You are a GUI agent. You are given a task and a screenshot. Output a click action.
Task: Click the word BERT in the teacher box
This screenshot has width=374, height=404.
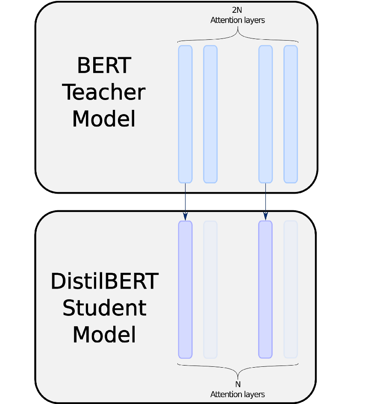[104, 66]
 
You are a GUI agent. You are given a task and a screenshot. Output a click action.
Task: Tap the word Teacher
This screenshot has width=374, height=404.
[104, 92]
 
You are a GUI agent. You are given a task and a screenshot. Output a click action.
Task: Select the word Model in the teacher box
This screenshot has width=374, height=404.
[104, 119]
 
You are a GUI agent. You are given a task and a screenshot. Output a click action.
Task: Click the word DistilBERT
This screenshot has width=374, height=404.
[104, 282]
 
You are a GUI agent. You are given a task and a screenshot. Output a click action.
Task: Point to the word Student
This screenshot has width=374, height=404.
[104, 308]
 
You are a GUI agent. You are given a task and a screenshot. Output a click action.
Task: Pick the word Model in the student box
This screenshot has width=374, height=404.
[104, 335]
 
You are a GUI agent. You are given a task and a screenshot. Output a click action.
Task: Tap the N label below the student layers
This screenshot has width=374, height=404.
[238, 384]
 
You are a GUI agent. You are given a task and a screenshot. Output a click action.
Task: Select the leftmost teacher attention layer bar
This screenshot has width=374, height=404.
[185, 114]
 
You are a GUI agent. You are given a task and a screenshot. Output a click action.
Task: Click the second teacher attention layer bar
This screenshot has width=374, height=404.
[210, 114]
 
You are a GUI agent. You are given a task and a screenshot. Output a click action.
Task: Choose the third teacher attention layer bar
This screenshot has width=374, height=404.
[265, 114]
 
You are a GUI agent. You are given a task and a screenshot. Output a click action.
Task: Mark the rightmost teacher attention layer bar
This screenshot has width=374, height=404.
[291, 114]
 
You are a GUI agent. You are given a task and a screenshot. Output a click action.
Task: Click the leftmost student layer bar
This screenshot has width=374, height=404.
[185, 289]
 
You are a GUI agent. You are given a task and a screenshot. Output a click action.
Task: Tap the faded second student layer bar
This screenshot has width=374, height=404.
[210, 289]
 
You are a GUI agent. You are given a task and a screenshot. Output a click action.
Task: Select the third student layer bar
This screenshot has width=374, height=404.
[265, 289]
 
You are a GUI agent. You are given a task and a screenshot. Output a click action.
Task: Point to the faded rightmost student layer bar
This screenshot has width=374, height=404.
[291, 289]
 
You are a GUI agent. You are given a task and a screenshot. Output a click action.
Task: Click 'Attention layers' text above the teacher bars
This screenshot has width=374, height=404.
[237, 20]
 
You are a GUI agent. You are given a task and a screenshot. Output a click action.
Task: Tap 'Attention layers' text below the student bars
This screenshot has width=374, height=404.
[238, 394]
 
